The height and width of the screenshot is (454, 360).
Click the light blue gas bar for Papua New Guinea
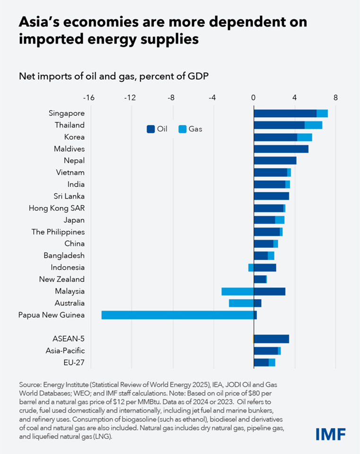coord(177,315)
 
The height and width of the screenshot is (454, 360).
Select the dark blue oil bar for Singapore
coord(285,113)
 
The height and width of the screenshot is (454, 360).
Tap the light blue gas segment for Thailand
coord(313,125)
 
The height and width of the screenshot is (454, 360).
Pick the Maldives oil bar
coord(281,149)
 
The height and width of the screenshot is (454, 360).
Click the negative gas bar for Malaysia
coord(237,291)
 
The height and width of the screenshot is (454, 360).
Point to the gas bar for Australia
coord(241,303)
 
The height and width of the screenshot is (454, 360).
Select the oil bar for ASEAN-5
coord(272,339)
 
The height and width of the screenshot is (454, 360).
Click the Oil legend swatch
coord(150,129)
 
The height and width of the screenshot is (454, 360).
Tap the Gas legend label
coord(195,129)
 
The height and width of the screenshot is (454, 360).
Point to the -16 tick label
coord(88,98)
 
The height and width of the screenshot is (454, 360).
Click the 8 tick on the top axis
coord(335,98)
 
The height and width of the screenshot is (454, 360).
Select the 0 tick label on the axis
coord(254,98)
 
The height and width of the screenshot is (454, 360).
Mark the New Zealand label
coord(61,279)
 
